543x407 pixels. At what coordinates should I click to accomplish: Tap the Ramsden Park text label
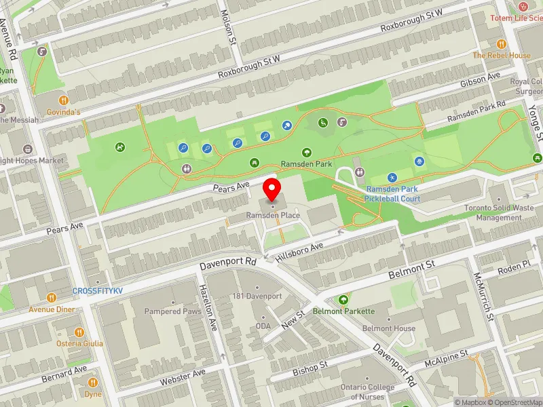307,164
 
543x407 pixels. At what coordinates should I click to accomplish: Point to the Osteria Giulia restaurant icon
79,332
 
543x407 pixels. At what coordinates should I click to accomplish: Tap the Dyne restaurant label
92,393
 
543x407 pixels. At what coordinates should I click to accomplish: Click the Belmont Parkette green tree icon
344,299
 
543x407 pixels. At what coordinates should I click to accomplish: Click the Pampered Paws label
172,311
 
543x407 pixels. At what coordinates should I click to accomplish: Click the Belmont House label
389,328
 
